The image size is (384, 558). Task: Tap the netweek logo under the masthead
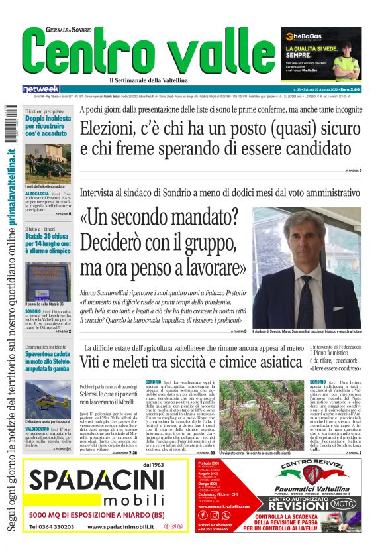(x=41, y=89)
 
